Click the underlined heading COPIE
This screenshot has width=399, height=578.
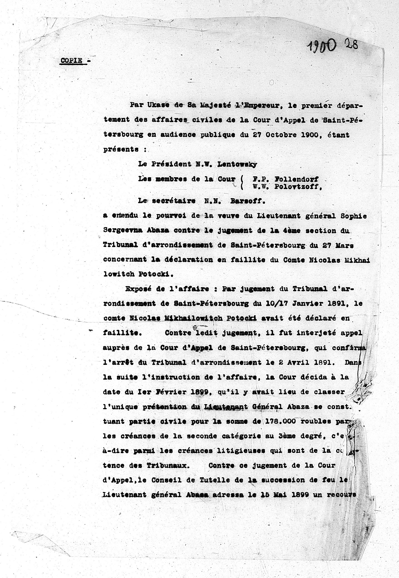71,61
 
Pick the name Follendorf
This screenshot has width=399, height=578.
296,179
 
